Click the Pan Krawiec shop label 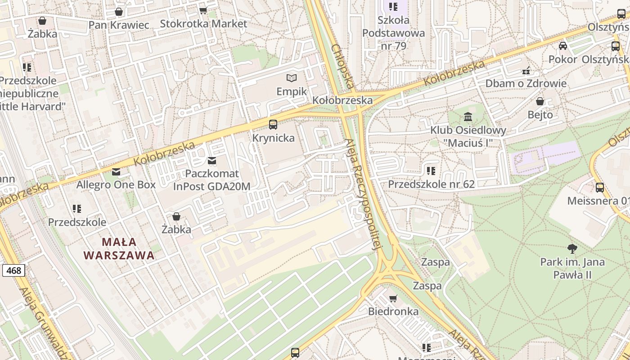[119, 25]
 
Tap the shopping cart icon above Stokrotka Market [203, 10]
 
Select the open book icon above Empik [292, 78]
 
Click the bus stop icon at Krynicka [273, 125]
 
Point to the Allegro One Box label [116, 184]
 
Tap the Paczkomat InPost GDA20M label [212, 180]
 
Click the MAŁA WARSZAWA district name [119, 249]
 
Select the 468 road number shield [13, 270]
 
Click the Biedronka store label [393, 311]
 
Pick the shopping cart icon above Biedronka [393, 298]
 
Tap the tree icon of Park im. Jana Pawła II [572, 248]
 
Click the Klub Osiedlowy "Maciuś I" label [468, 136]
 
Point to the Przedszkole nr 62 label [431, 184]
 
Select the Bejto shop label [540, 115]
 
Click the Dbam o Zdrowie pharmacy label [526, 83]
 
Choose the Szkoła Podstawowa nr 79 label [394, 33]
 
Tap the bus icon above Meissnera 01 [599, 188]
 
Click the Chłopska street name [343, 66]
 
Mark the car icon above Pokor [563, 46]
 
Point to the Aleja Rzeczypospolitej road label [363, 193]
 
